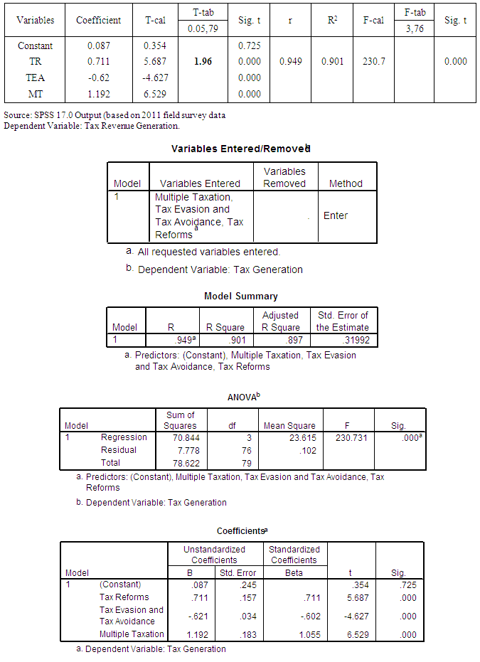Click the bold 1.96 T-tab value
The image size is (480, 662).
click(x=203, y=62)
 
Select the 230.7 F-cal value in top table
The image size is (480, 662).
click(x=373, y=62)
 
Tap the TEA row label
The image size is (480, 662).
click(x=36, y=78)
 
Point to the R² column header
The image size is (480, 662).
click(x=332, y=21)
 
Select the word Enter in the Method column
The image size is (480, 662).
click(x=336, y=215)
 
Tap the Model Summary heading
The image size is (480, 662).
click(x=241, y=296)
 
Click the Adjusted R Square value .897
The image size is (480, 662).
click(x=287, y=341)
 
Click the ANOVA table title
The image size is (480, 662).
click(x=240, y=397)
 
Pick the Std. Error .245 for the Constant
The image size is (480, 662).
click(x=237, y=584)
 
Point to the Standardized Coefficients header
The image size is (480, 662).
click(x=294, y=555)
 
